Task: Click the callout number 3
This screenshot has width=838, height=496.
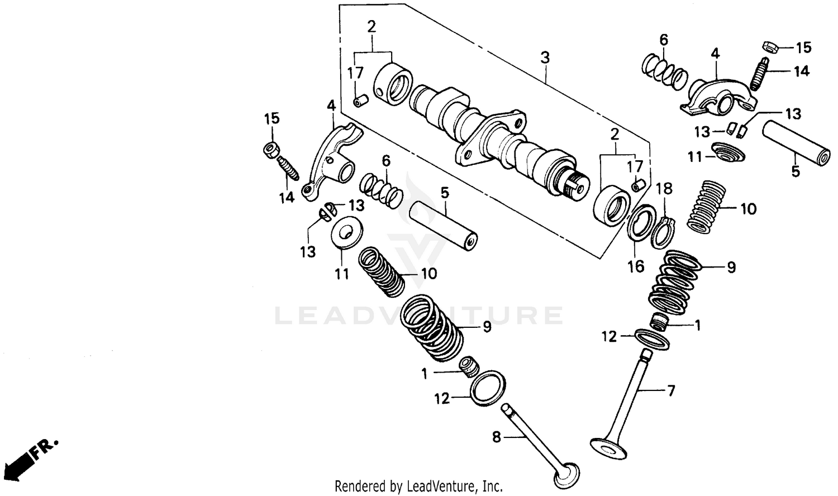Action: (545, 58)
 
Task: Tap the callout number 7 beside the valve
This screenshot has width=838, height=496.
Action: (671, 390)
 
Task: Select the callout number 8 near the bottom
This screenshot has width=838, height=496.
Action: (496, 438)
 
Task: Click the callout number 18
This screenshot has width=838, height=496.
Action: (664, 188)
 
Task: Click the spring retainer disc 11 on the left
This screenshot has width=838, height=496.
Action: (346, 231)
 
